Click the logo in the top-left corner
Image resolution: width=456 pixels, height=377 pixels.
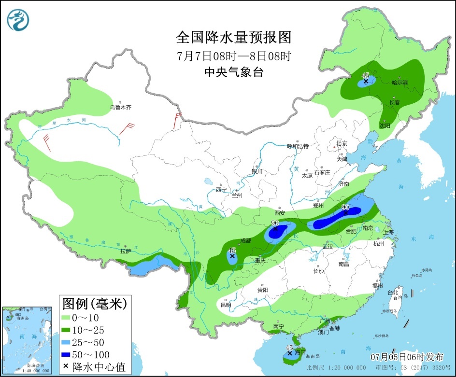pyautogui.click(x=18, y=19)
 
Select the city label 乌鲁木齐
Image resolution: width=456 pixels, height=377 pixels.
pyautogui.click(x=121, y=107)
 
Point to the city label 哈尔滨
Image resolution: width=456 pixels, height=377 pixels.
pyautogui.click(x=399, y=83)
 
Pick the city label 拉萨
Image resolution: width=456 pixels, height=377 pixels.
pyautogui.click(x=126, y=251)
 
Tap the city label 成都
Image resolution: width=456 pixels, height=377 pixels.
pyautogui.click(x=246, y=241)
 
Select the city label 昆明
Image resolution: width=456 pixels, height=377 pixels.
pyautogui.click(x=226, y=305)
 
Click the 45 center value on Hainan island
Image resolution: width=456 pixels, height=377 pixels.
pyautogui.click(x=290, y=348)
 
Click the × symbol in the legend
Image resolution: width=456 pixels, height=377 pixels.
pyautogui.click(x=66, y=367)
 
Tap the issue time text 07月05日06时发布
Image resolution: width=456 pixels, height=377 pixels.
pyautogui.click(x=407, y=357)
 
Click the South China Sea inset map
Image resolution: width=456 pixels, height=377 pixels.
pyautogui.click(x=27, y=340)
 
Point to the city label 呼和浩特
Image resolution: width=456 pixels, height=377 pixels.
pyautogui.click(x=298, y=146)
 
